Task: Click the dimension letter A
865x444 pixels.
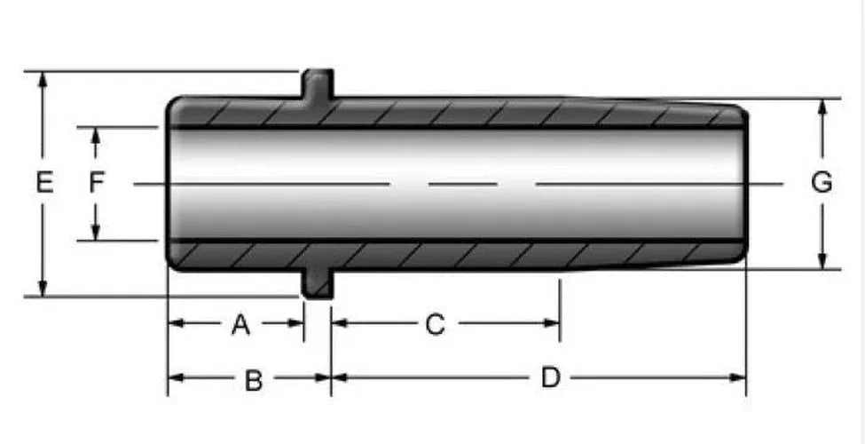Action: pyautogui.click(x=240, y=325)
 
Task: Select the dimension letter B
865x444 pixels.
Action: pyautogui.click(x=253, y=380)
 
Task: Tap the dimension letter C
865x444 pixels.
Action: pyautogui.click(x=435, y=325)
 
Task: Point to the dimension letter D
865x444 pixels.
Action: pyautogui.click(x=551, y=378)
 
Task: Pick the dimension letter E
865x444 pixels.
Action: pyautogui.click(x=44, y=182)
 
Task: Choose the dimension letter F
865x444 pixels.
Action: pyautogui.click(x=97, y=182)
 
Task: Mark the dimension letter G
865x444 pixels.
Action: pyautogui.click(x=822, y=182)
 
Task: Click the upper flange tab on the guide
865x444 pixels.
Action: pyautogui.click(x=318, y=84)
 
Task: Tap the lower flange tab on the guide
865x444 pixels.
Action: pyautogui.click(x=318, y=283)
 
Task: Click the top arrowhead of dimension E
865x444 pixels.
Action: pyautogui.click(x=43, y=80)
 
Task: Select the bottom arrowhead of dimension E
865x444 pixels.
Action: pyautogui.click(x=43, y=288)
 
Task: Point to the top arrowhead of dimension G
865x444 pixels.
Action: pyautogui.click(x=822, y=108)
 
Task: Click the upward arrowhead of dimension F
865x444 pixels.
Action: pyautogui.click(x=96, y=136)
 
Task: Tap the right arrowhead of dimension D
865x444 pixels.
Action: pyautogui.click(x=737, y=377)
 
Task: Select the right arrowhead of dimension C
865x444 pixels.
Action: pyautogui.click(x=552, y=323)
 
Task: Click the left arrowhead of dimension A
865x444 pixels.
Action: pyautogui.click(x=176, y=323)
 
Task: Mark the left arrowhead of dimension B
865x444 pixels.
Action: pyautogui.click(x=176, y=377)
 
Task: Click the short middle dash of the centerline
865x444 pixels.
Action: pyautogui.click(x=463, y=184)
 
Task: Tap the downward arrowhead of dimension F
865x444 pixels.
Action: pyautogui.click(x=96, y=233)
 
